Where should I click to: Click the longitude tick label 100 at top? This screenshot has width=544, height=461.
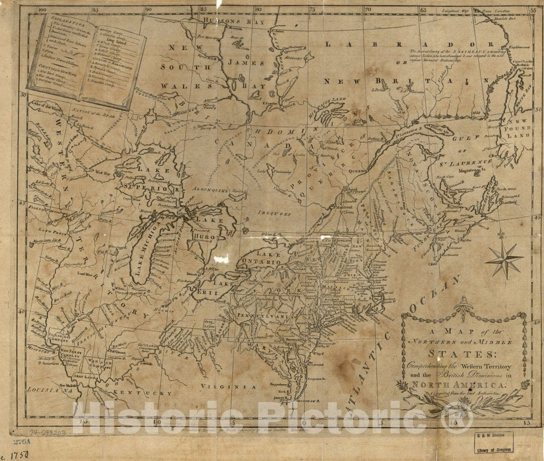tap(43, 9)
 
